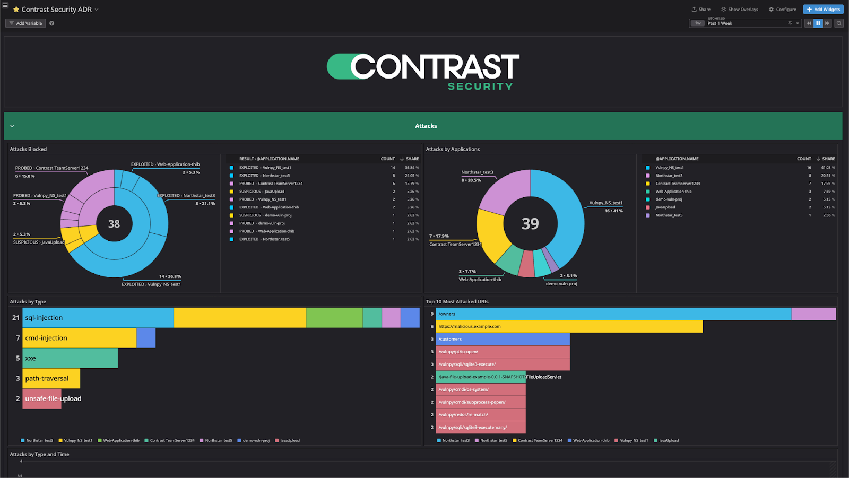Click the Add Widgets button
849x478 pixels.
pyautogui.click(x=822, y=9)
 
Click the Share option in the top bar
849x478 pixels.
pyautogui.click(x=701, y=9)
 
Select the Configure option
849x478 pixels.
pyautogui.click(x=783, y=9)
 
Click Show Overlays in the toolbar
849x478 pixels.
pyautogui.click(x=740, y=9)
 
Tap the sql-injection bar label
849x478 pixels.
pyautogui.click(x=44, y=318)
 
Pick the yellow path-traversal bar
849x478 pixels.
pyautogui.click(x=51, y=378)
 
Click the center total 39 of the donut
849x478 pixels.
pyautogui.click(x=530, y=224)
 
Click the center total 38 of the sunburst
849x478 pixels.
pyautogui.click(x=114, y=224)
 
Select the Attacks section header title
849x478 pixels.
pyautogui.click(x=426, y=126)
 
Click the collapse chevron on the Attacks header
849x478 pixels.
pyautogui.click(x=12, y=126)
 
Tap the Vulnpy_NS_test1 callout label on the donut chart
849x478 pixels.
pyautogui.click(x=605, y=203)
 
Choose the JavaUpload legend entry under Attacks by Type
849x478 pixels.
pyautogui.click(x=290, y=440)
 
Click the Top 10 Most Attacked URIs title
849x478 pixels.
pyautogui.click(x=457, y=302)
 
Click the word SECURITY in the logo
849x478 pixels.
pyautogui.click(x=480, y=86)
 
